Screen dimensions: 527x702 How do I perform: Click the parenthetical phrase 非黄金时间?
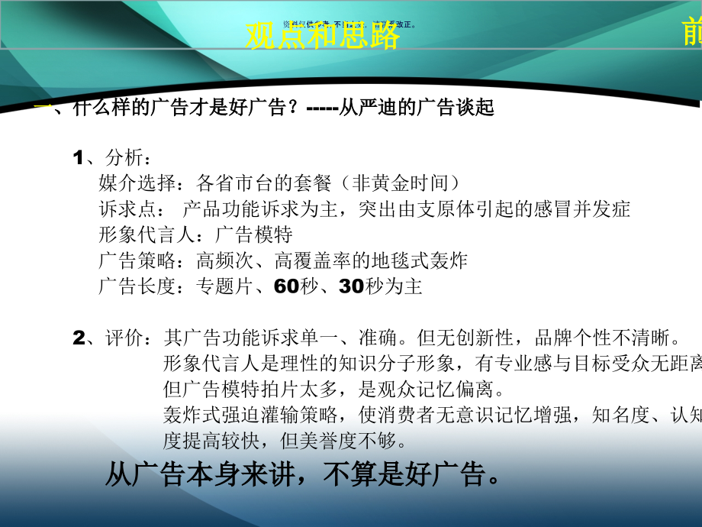(x=401, y=183)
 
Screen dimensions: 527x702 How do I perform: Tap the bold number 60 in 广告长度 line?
(x=284, y=287)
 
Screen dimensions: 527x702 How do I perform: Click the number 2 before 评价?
(x=78, y=338)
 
